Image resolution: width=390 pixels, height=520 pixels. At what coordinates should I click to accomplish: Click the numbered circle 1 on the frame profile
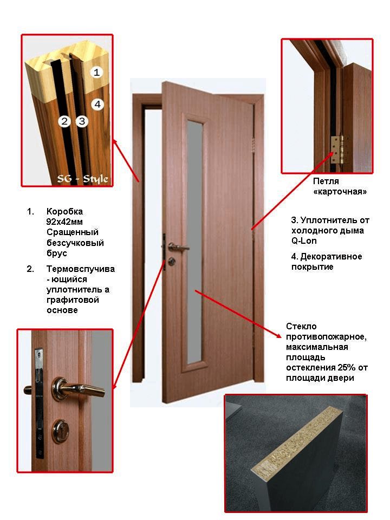96,72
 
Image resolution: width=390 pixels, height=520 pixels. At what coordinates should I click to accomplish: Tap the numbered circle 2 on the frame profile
64,121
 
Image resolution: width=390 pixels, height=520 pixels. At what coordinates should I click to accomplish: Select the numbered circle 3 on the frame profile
82,121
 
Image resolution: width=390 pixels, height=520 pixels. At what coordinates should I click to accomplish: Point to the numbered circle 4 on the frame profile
97,104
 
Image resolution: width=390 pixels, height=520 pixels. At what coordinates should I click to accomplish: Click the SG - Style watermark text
82,179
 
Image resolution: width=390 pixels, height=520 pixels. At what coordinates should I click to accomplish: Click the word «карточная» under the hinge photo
340,192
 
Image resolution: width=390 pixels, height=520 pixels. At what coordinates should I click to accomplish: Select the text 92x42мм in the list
64,222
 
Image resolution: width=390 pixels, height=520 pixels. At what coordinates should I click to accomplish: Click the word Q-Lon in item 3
304,240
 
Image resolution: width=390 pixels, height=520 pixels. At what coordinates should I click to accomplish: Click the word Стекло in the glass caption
301,326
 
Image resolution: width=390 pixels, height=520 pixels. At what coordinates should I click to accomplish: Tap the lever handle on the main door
178,247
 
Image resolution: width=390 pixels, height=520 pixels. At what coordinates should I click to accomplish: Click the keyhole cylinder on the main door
172,261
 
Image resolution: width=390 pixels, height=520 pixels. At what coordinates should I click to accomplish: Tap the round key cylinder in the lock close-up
62,432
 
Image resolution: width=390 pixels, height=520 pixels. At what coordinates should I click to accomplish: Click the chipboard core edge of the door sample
296,439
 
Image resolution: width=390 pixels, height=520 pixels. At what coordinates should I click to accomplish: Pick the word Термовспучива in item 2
81,269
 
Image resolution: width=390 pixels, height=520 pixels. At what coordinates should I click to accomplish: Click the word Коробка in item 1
64,211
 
